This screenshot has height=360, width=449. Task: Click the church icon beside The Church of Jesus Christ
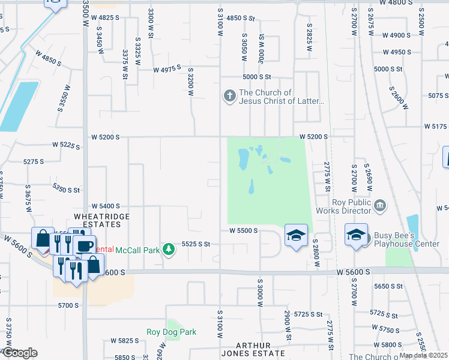(x=229, y=96)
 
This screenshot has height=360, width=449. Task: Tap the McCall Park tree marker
(x=169, y=249)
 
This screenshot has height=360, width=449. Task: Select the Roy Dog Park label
(x=171, y=332)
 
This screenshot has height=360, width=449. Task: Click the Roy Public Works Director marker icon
(x=379, y=206)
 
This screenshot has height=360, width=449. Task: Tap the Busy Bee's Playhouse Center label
(x=406, y=240)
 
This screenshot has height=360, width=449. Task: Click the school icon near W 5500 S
(x=296, y=236)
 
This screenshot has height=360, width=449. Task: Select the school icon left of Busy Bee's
(x=356, y=235)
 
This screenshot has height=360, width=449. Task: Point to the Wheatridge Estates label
(x=97, y=220)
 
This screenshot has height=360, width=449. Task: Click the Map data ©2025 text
(x=423, y=355)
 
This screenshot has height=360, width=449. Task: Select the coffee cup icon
(x=84, y=245)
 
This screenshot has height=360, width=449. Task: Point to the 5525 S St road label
(x=196, y=244)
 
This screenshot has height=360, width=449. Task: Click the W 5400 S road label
(x=106, y=206)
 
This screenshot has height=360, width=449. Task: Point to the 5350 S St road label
(x=66, y=189)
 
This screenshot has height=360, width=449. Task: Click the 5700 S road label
(x=68, y=305)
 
